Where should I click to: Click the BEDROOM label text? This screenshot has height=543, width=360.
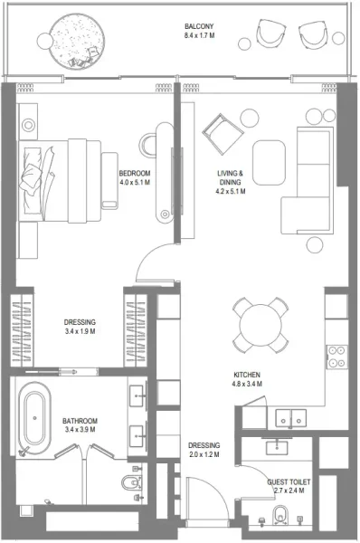(x=135, y=174)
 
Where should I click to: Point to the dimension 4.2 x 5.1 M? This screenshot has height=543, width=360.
(x=232, y=191)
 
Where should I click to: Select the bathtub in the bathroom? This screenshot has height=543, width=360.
(x=35, y=418)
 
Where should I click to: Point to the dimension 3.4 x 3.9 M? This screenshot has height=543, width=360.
(x=80, y=431)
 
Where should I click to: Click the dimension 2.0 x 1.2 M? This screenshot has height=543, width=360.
(x=204, y=455)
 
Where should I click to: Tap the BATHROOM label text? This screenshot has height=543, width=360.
(x=80, y=421)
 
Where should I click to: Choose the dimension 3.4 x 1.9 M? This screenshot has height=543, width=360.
(x=80, y=332)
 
